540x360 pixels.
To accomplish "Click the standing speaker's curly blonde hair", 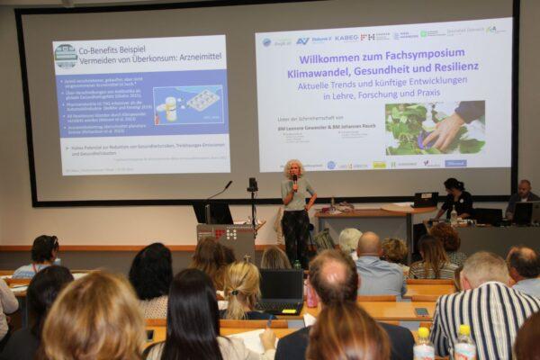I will point(293,168).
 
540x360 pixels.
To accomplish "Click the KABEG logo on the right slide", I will point(346,38).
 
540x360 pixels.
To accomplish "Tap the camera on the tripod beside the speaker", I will point(253,184).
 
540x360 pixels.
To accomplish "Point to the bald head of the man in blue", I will point(369,244).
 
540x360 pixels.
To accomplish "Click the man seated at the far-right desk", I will point(522,200).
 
